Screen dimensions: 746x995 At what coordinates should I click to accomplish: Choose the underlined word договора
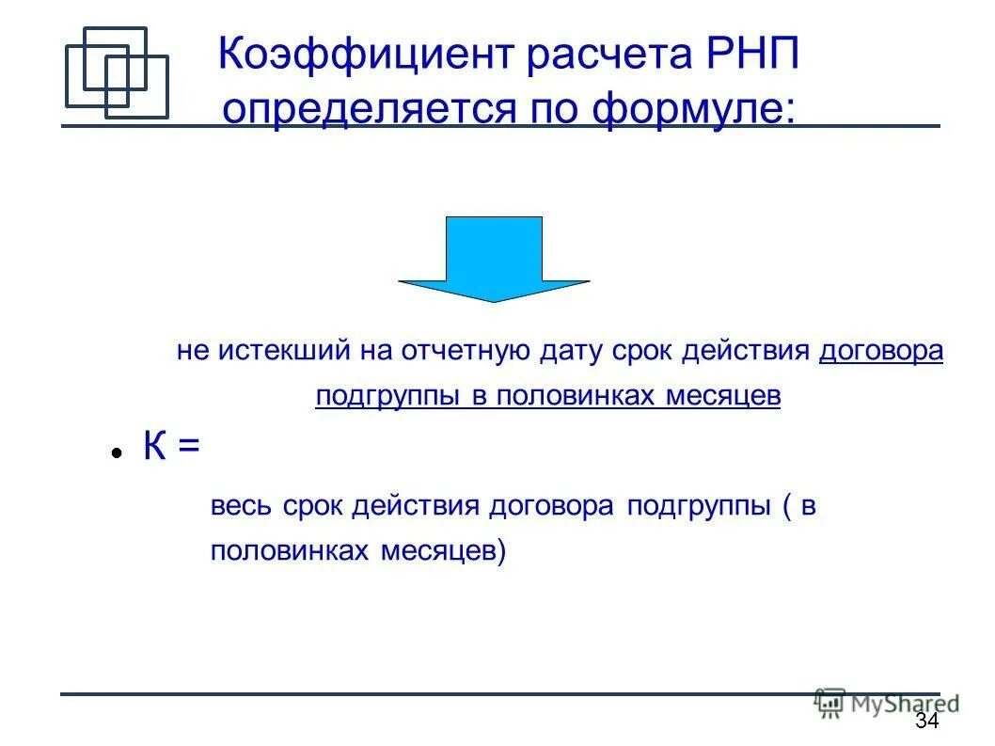tap(881, 352)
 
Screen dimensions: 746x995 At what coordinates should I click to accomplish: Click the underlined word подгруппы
tap(389, 396)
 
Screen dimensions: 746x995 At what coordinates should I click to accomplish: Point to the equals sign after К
tap(188, 447)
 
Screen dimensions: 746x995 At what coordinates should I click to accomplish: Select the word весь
tap(241, 507)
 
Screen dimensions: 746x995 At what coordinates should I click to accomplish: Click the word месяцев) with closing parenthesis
tap(443, 551)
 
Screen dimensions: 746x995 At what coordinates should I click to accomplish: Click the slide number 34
tap(926, 722)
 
